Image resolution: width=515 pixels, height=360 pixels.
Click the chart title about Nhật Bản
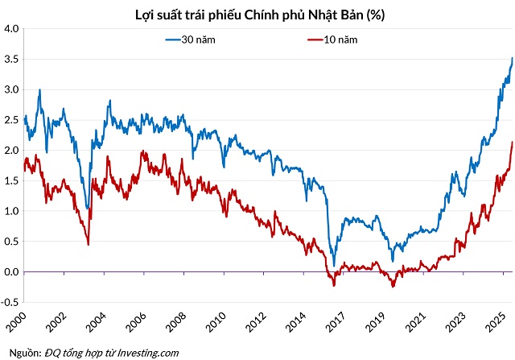[257, 11]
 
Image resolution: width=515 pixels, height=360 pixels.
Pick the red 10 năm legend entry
[336, 39]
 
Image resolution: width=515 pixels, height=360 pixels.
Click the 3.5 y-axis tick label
[11, 59]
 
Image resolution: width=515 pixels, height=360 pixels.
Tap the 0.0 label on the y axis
[11, 272]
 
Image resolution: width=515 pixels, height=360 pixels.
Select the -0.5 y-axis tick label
[10, 303]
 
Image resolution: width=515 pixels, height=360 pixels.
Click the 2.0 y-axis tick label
[11, 151]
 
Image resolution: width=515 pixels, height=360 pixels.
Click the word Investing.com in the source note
[150, 353]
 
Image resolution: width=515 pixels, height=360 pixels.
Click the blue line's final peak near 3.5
[513, 58]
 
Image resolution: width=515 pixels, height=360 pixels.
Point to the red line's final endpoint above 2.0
[513, 143]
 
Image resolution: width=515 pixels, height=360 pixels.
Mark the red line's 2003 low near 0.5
[88, 244]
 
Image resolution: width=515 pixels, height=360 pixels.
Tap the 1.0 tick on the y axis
[11, 211]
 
